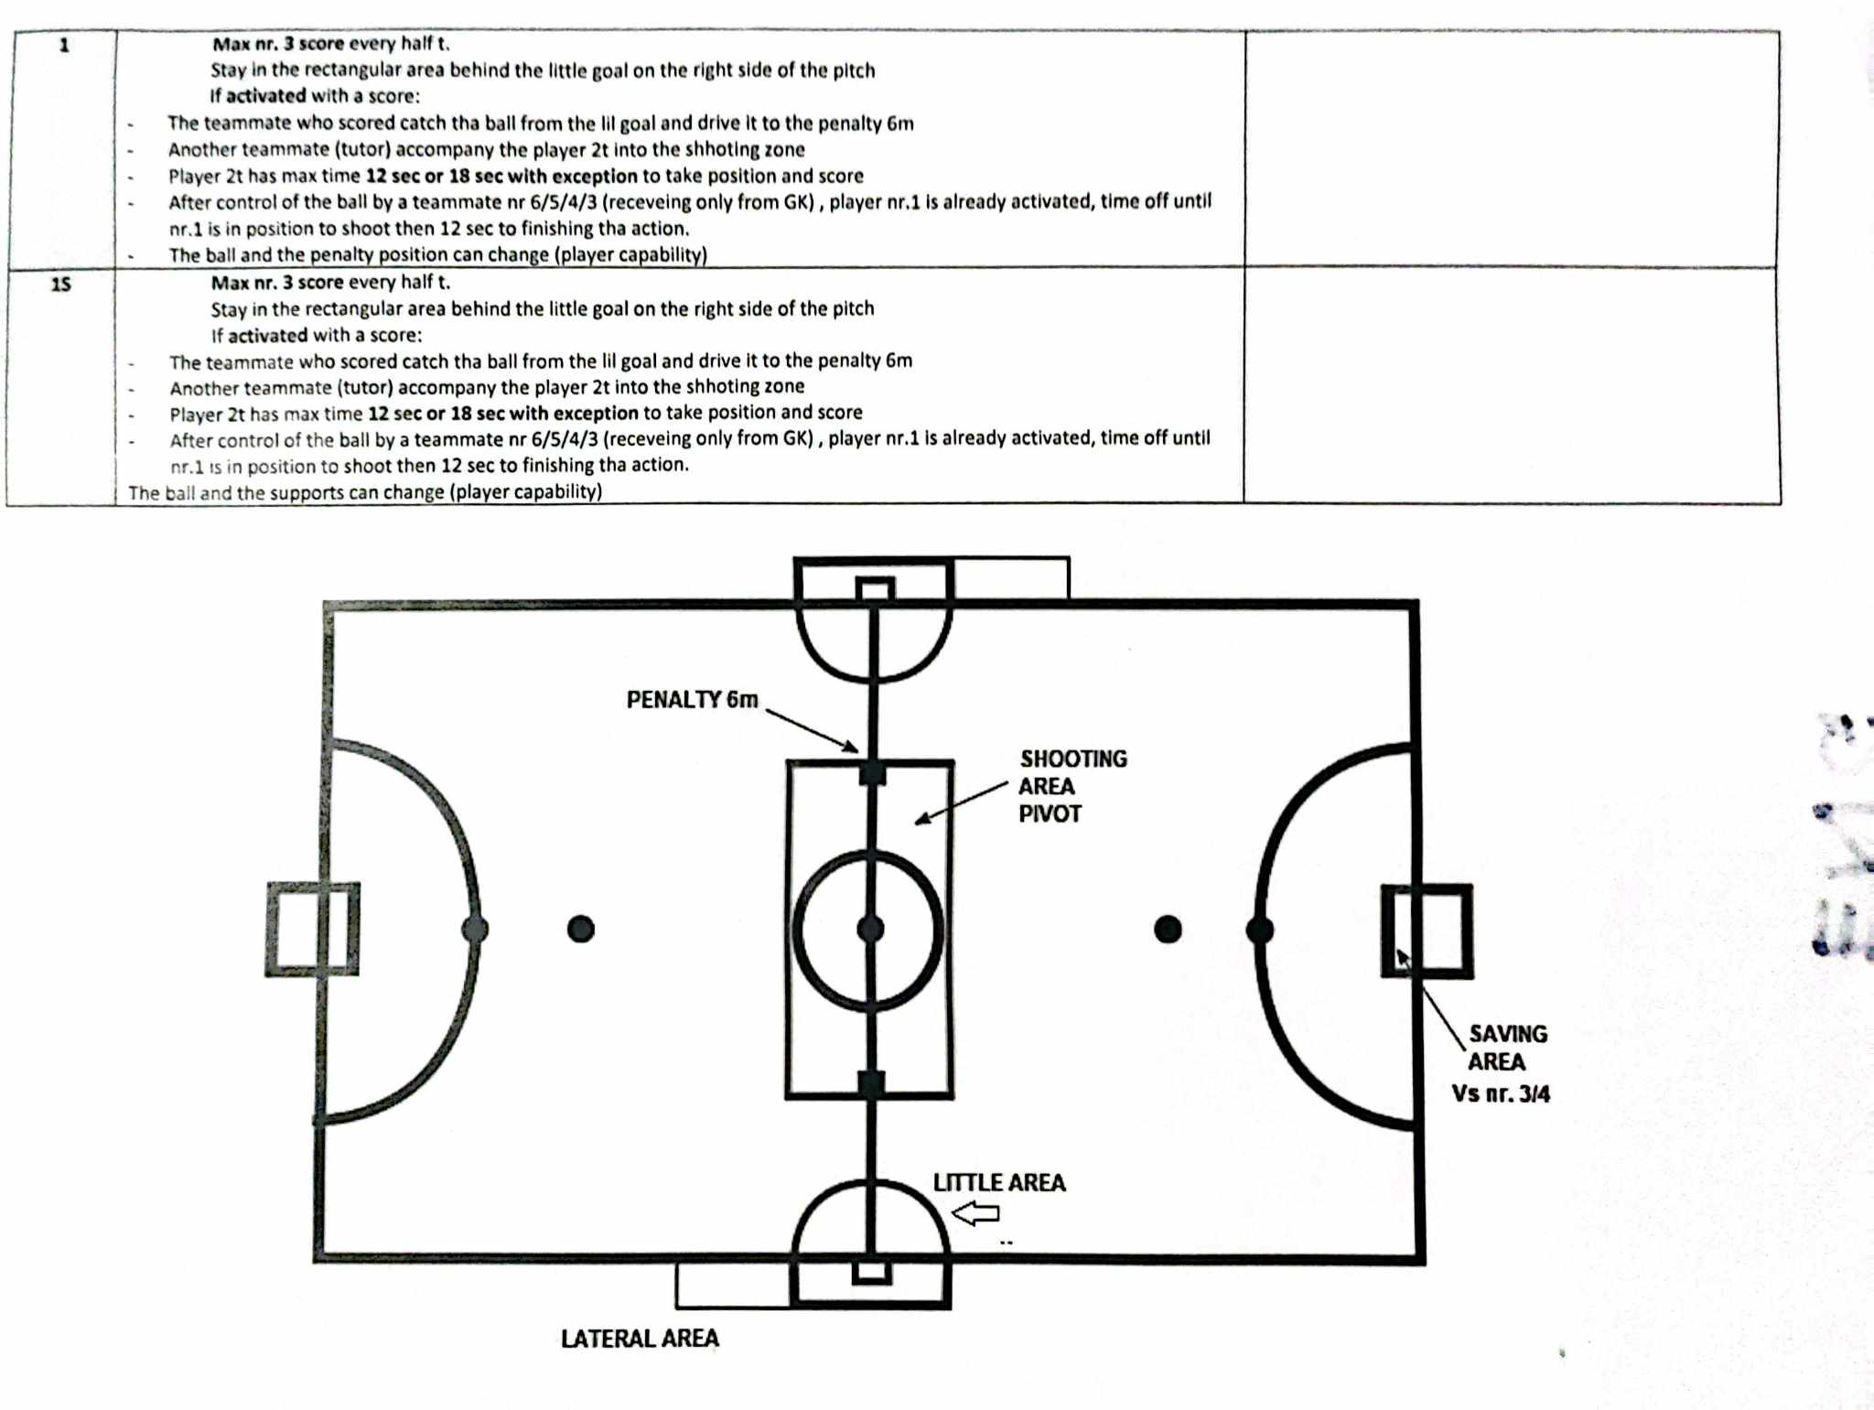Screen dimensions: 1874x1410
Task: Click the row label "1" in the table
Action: pyautogui.click(x=64, y=45)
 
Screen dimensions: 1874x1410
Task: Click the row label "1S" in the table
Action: pyautogui.click(x=60, y=285)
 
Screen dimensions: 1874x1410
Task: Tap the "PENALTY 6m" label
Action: pyautogui.click(x=692, y=700)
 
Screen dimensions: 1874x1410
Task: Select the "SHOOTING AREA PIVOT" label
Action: pyautogui.click(x=1072, y=786)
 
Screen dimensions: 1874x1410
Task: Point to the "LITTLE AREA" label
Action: pyautogui.click(x=999, y=1183)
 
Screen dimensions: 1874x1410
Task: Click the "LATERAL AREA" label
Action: pyautogui.click(x=640, y=1339)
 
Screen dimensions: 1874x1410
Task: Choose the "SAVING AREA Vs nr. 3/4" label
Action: pyautogui.click(x=1502, y=1063)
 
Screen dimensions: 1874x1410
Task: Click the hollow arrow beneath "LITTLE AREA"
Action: pyautogui.click(x=976, y=1213)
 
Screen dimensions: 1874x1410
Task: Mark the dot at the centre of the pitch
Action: pyautogui.click(x=870, y=930)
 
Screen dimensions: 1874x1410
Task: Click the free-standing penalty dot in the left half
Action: pyautogui.click(x=581, y=929)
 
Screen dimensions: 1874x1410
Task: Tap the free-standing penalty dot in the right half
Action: pyautogui.click(x=1168, y=930)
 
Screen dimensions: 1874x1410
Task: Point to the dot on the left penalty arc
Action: pyautogui.click(x=475, y=930)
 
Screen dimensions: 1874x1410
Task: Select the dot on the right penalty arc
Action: pyautogui.click(x=1260, y=931)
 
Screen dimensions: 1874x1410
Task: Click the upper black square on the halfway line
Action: pyautogui.click(x=872, y=773)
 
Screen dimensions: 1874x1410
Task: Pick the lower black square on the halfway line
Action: pyautogui.click(x=871, y=1084)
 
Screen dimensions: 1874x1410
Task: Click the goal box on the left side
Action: pyautogui.click(x=312, y=929)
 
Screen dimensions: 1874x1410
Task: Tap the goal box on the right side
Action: pyautogui.click(x=1427, y=931)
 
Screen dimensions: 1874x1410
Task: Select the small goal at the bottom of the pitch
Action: pyautogui.click(x=871, y=1273)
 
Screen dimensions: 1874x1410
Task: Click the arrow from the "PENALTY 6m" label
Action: pyautogui.click(x=812, y=730)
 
